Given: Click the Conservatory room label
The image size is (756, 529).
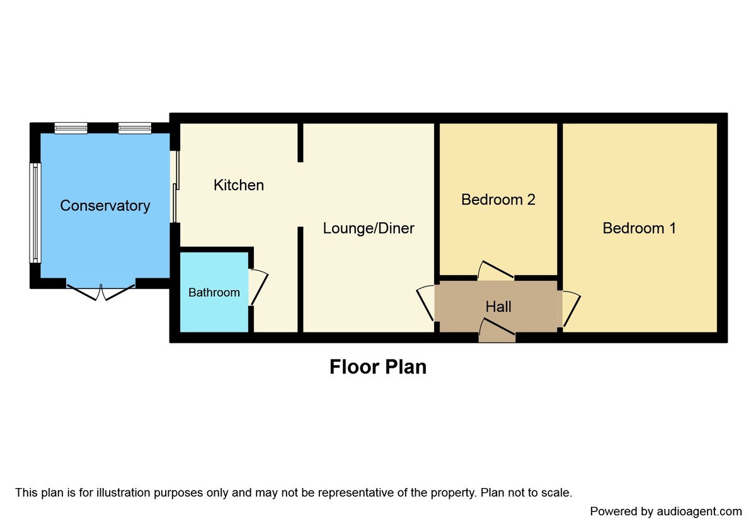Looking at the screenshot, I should [105, 205].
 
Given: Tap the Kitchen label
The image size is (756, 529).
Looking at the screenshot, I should [238, 185].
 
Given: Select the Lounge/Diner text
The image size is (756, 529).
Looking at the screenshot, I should [369, 228].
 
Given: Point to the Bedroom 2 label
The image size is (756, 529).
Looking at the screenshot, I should [498, 200].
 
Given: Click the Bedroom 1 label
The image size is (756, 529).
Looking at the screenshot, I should [639, 228].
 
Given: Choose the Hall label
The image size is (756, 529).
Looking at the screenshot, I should [498, 307].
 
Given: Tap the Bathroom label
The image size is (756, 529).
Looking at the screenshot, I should [214, 292].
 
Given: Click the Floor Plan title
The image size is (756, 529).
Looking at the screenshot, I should [378, 367].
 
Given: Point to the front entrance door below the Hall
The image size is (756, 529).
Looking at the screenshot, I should [497, 331].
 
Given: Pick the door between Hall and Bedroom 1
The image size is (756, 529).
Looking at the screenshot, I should [571, 309].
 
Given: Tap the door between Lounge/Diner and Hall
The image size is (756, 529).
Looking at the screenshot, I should [427, 303].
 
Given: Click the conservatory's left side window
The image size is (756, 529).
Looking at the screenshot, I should [35, 213].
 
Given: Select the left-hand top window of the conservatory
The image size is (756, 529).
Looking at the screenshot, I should [70, 128].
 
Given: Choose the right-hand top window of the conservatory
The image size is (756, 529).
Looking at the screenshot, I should [134, 128].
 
